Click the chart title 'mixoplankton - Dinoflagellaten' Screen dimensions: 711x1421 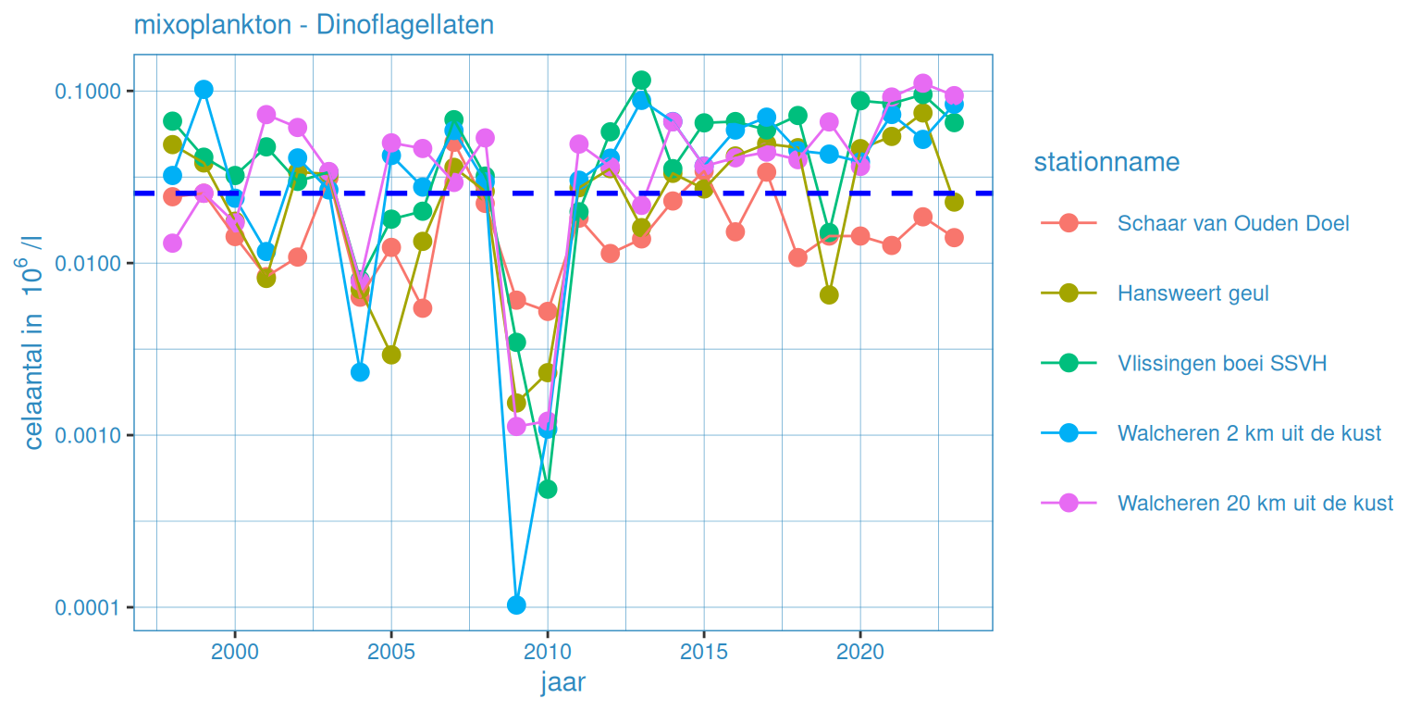314,24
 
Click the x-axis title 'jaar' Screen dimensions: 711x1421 562,683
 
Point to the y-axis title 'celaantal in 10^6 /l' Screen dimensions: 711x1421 33,343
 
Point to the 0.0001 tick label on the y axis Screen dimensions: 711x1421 90,607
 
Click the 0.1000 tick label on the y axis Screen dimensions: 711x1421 90,92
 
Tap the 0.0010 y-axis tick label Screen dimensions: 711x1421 90,435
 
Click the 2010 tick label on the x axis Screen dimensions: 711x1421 547,652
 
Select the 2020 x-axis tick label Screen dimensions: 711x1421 860,652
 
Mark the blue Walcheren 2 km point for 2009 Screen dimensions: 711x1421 516,605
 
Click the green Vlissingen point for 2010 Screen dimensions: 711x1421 547,489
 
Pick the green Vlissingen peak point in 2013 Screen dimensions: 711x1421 641,81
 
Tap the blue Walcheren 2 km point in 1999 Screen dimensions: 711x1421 204,90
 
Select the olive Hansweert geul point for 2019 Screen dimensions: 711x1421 829,294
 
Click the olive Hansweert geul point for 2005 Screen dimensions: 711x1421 391,355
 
